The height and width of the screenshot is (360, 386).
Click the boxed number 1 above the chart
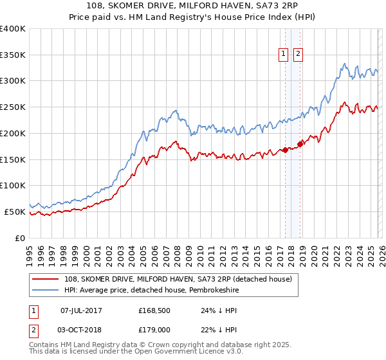(x=284, y=55)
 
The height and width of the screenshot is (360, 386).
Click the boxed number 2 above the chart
(x=299, y=55)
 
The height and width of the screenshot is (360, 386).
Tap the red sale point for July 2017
(x=285, y=150)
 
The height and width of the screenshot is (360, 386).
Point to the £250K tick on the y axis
(x=13, y=107)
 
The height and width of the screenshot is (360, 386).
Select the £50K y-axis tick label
(x=15, y=212)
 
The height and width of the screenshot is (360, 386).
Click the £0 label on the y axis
(x=21, y=238)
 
